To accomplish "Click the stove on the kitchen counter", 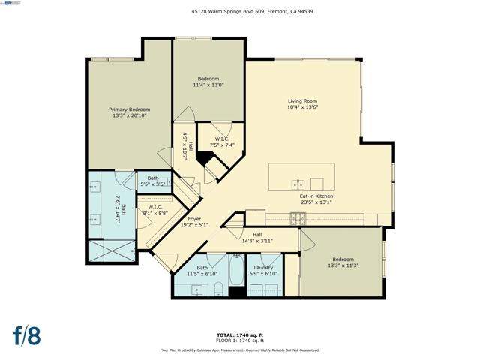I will click(298, 219).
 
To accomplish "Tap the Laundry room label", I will click(262, 271).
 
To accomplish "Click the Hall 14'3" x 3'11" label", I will click(256, 237).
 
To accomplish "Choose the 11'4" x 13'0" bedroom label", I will click(208, 82).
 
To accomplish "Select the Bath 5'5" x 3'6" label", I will click(153, 181).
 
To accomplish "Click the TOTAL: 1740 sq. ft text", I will click(239, 334).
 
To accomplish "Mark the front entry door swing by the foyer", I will click(166, 262).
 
